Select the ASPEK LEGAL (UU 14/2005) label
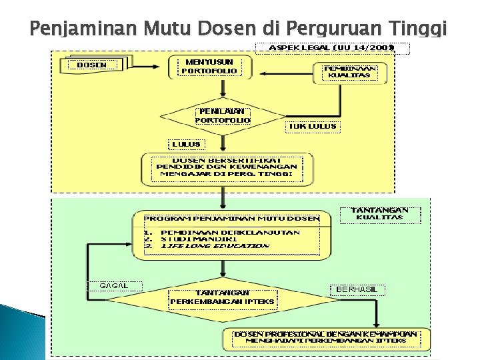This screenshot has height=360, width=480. [x=331, y=47]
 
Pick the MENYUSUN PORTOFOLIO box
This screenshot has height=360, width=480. [x=209, y=65]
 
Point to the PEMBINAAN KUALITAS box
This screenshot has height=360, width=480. [x=349, y=71]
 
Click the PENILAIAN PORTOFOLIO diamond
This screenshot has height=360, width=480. [x=222, y=115]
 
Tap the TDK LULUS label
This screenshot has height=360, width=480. [x=311, y=126]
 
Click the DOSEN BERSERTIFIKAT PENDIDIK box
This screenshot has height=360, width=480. [x=226, y=167]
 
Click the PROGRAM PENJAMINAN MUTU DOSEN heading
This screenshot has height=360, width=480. [x=231, y=218]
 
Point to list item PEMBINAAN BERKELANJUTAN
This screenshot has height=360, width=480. [x=230, y=232]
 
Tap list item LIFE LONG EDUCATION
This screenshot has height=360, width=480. [x=215, y=245]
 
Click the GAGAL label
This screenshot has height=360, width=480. [x=107, y=285]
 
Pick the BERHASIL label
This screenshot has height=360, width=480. [x=357, y=289]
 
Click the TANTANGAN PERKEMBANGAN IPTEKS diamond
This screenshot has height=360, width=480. [x=222, y=297]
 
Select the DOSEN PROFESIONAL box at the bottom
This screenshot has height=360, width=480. [x=325, y=337]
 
